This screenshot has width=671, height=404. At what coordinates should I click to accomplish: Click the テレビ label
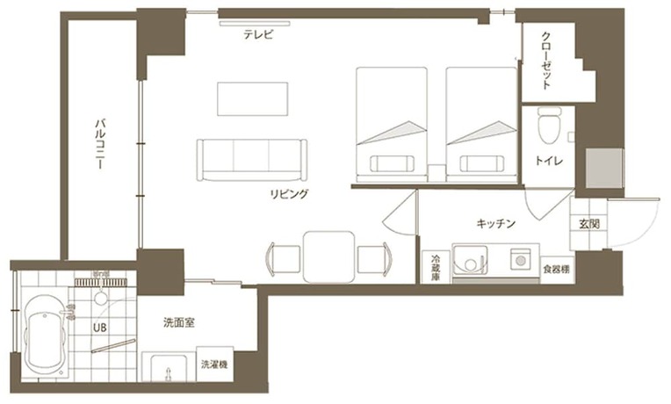pyautogui.click(x=259, y=36)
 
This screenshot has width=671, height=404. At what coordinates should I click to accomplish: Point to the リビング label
pyautogui.click(x=289, y=193)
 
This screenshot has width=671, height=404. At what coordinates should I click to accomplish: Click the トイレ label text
pyautogui.click(x=550, y=162)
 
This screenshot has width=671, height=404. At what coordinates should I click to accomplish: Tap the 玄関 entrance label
pyautogui.click(x=588, y=224)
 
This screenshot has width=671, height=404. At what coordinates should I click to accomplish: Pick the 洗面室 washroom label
pyautogui.click(x=179, y=323)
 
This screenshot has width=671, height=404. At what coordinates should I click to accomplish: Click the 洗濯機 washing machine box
pyautogui.click(x=213, y=364)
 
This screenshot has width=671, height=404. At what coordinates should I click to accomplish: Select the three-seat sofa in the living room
pyautogui.click(x=253, y=159)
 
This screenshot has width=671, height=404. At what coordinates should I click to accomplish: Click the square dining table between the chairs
pyautogui.click(x=328, y=254)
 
